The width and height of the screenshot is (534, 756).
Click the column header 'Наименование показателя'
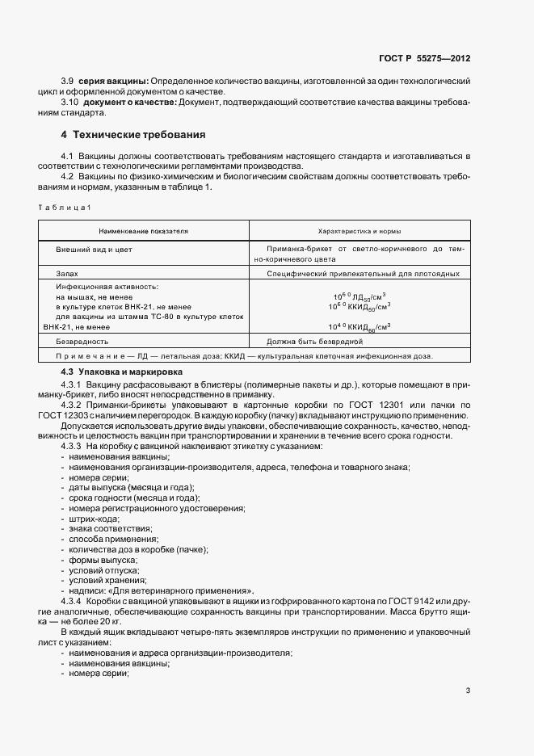coord(144,230)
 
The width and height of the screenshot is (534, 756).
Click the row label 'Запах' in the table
coord(66,274)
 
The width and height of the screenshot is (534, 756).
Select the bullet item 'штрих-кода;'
coord(92,519)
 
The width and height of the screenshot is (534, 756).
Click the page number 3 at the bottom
coord(468,690)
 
